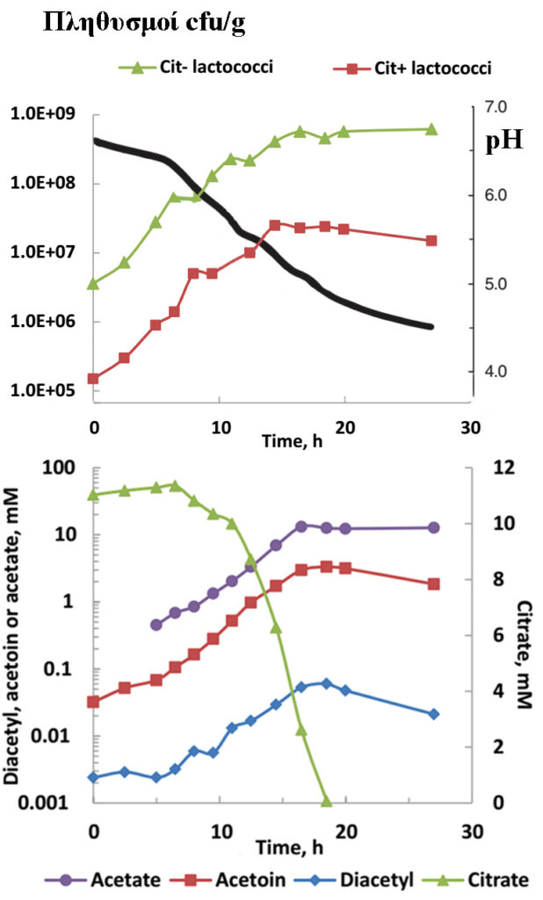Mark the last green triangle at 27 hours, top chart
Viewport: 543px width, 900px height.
[431, 129]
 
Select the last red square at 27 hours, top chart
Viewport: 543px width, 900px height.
[431, 241]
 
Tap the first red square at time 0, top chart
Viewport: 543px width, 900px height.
[93, 379]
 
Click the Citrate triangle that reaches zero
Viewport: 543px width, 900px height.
[326, 802]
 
